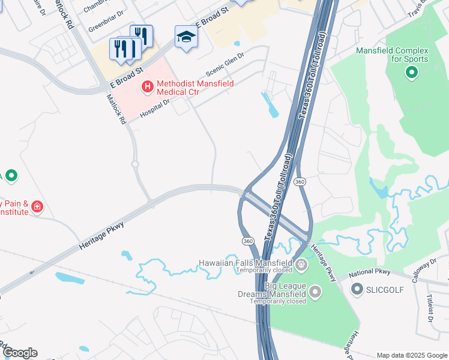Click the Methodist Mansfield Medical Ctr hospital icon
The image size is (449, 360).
[146, 88]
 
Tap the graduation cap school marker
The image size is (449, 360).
[186, 38]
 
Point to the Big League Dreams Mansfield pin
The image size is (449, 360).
[315, 292]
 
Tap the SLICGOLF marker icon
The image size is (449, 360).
[358, 290]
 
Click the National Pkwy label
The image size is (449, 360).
[366, 273]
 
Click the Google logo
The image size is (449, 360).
[20, 353]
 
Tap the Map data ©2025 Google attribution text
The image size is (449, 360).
[411, 355]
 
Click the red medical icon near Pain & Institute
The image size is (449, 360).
[37, 207]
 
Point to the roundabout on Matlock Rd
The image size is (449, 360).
[135, 164]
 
